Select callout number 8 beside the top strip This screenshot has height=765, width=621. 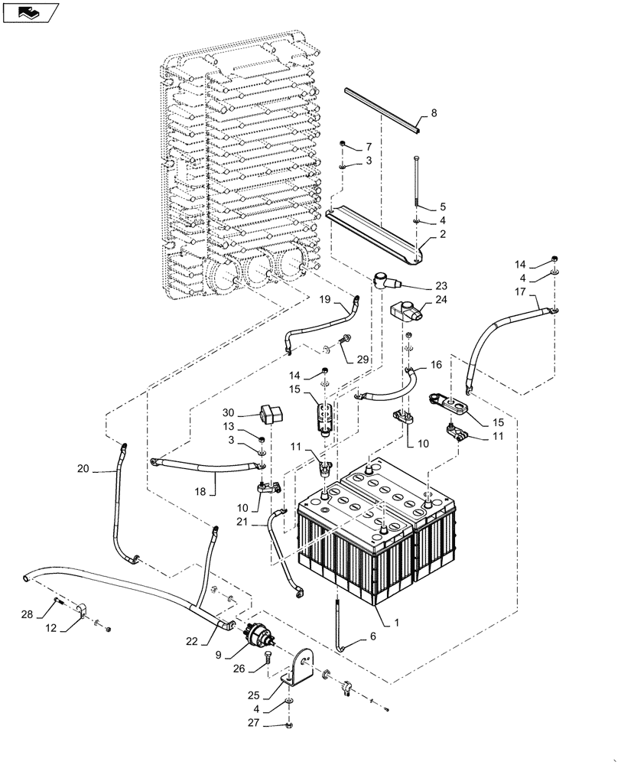pyautogui.click(x=434, y=114)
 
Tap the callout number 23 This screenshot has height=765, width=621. pyautogui.click(x=441, y=285)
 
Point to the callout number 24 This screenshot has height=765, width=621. pyautogui.click(x=441, y=301)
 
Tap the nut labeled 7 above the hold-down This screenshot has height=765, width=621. pyautogui.click(x=344, y=145)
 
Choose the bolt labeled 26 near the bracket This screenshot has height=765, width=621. pyautogui.click(x=268, y=658)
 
